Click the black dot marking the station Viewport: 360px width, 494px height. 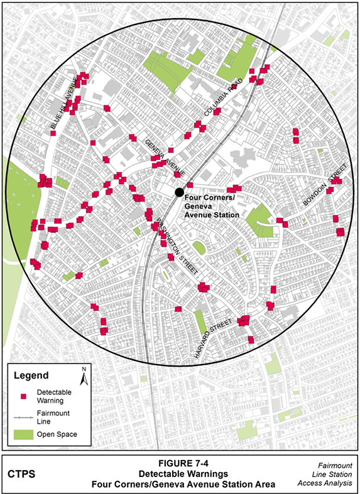(179, 191)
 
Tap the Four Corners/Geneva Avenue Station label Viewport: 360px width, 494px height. (212, 206)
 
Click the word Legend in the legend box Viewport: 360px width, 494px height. (31, 376)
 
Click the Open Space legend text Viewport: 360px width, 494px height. (57, 434)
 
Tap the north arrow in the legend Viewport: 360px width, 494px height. (84, 377)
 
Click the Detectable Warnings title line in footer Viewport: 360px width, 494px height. (180, 475)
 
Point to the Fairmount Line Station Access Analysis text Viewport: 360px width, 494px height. (331, 475)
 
